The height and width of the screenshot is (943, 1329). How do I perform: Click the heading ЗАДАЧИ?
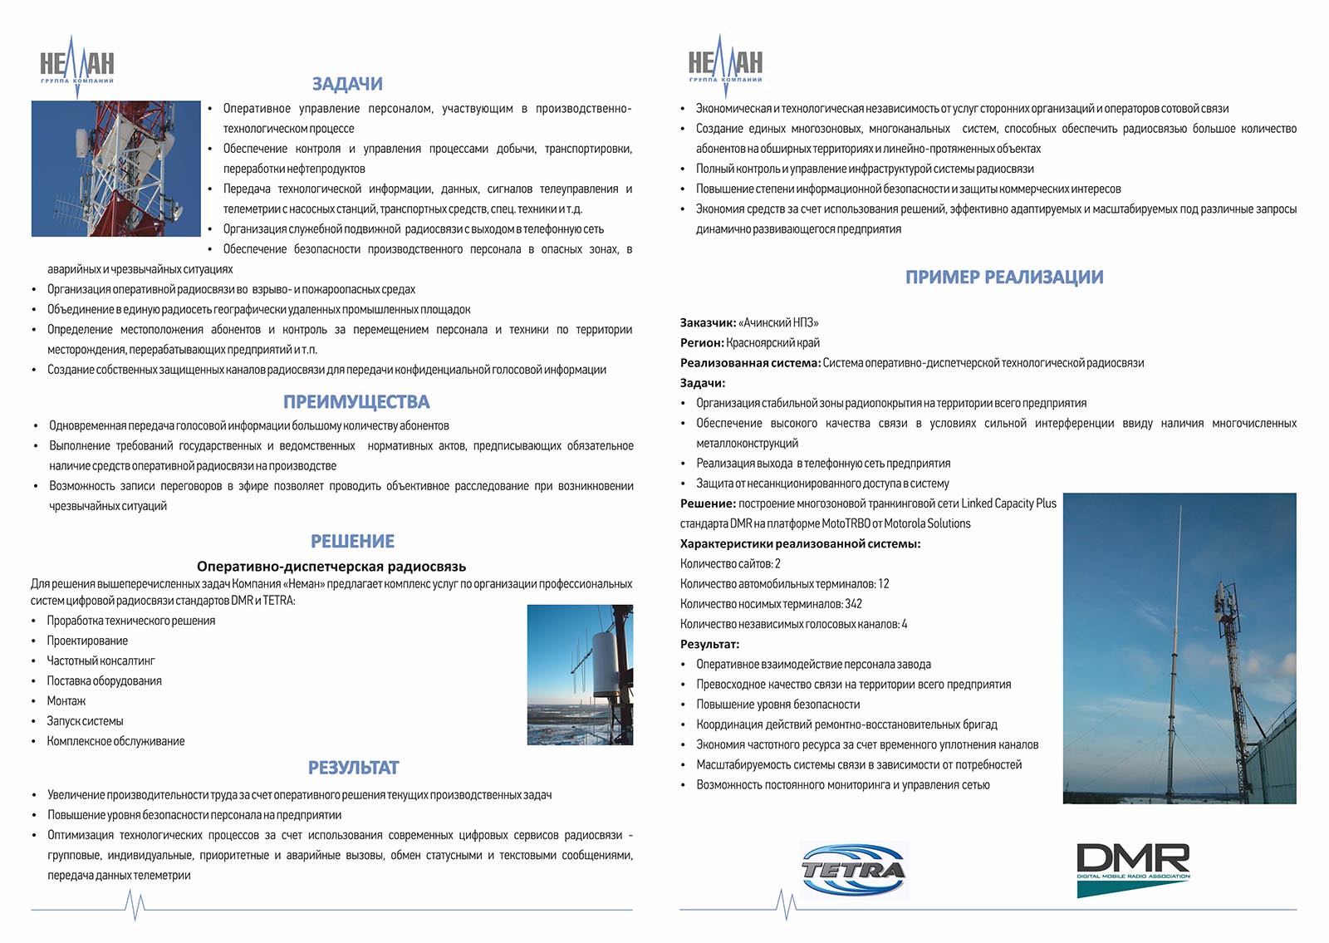(347, 84)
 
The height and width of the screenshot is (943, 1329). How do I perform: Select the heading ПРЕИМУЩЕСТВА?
(356, 402)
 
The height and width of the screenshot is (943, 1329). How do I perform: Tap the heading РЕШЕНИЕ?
(352, 542)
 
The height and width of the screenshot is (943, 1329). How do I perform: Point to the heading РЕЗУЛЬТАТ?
(353, 768)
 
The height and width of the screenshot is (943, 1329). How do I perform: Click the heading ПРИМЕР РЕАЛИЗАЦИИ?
(1004, 277)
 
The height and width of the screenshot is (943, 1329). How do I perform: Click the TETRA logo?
(854, 870)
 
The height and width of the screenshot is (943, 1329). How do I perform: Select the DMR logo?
(1133, 868)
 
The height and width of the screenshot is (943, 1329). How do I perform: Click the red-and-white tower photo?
(116, 169)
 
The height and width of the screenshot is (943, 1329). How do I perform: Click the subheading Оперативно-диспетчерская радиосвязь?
(331, 567)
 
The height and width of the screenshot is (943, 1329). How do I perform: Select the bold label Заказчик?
(708, 323)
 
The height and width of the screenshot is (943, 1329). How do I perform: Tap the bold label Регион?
(702, 343)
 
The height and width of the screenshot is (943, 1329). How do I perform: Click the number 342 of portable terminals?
(853, 604)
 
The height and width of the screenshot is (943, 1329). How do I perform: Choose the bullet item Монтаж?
(66, 701)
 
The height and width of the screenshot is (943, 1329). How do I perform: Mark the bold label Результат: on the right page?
(709, 645)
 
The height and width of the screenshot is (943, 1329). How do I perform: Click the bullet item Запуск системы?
(85, 721)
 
